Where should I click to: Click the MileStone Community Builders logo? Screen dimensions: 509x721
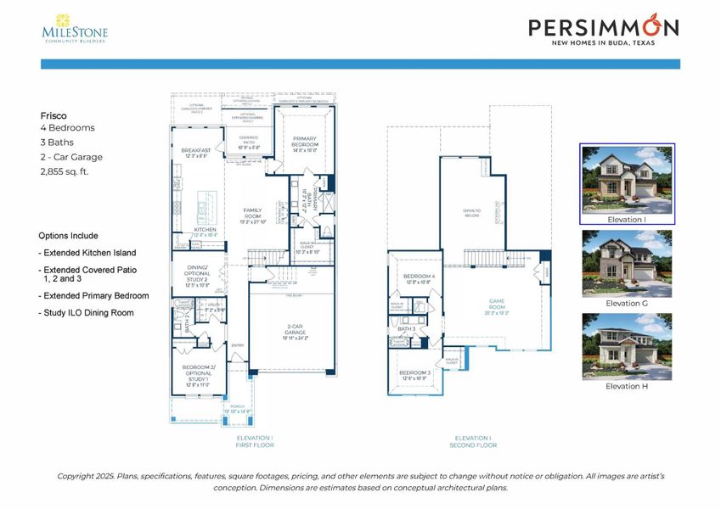point(75,27)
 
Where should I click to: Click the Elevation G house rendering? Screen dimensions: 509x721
point(627,263)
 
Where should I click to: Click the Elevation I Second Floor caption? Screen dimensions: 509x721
point(473,441)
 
